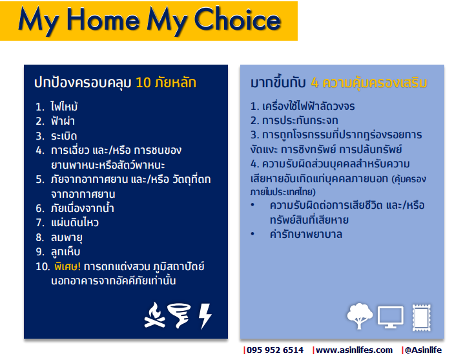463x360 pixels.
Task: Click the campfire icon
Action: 154,315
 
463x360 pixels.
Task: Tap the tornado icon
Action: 179,315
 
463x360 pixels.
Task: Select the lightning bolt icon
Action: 205,316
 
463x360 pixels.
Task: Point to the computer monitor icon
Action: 391,317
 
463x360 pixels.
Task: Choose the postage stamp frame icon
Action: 422,318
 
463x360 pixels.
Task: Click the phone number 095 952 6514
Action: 275,350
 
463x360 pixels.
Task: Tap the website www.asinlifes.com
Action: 354,350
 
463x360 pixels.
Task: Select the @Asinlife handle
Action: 423,350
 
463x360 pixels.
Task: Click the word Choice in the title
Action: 238,19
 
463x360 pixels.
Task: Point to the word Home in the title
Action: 103,20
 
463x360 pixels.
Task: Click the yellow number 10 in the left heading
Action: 143,83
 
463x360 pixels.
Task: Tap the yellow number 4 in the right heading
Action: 314,83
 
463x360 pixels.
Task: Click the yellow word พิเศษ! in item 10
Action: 68,266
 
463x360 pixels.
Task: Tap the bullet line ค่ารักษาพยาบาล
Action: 306,235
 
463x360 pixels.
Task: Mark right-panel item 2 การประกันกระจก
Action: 294,121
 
